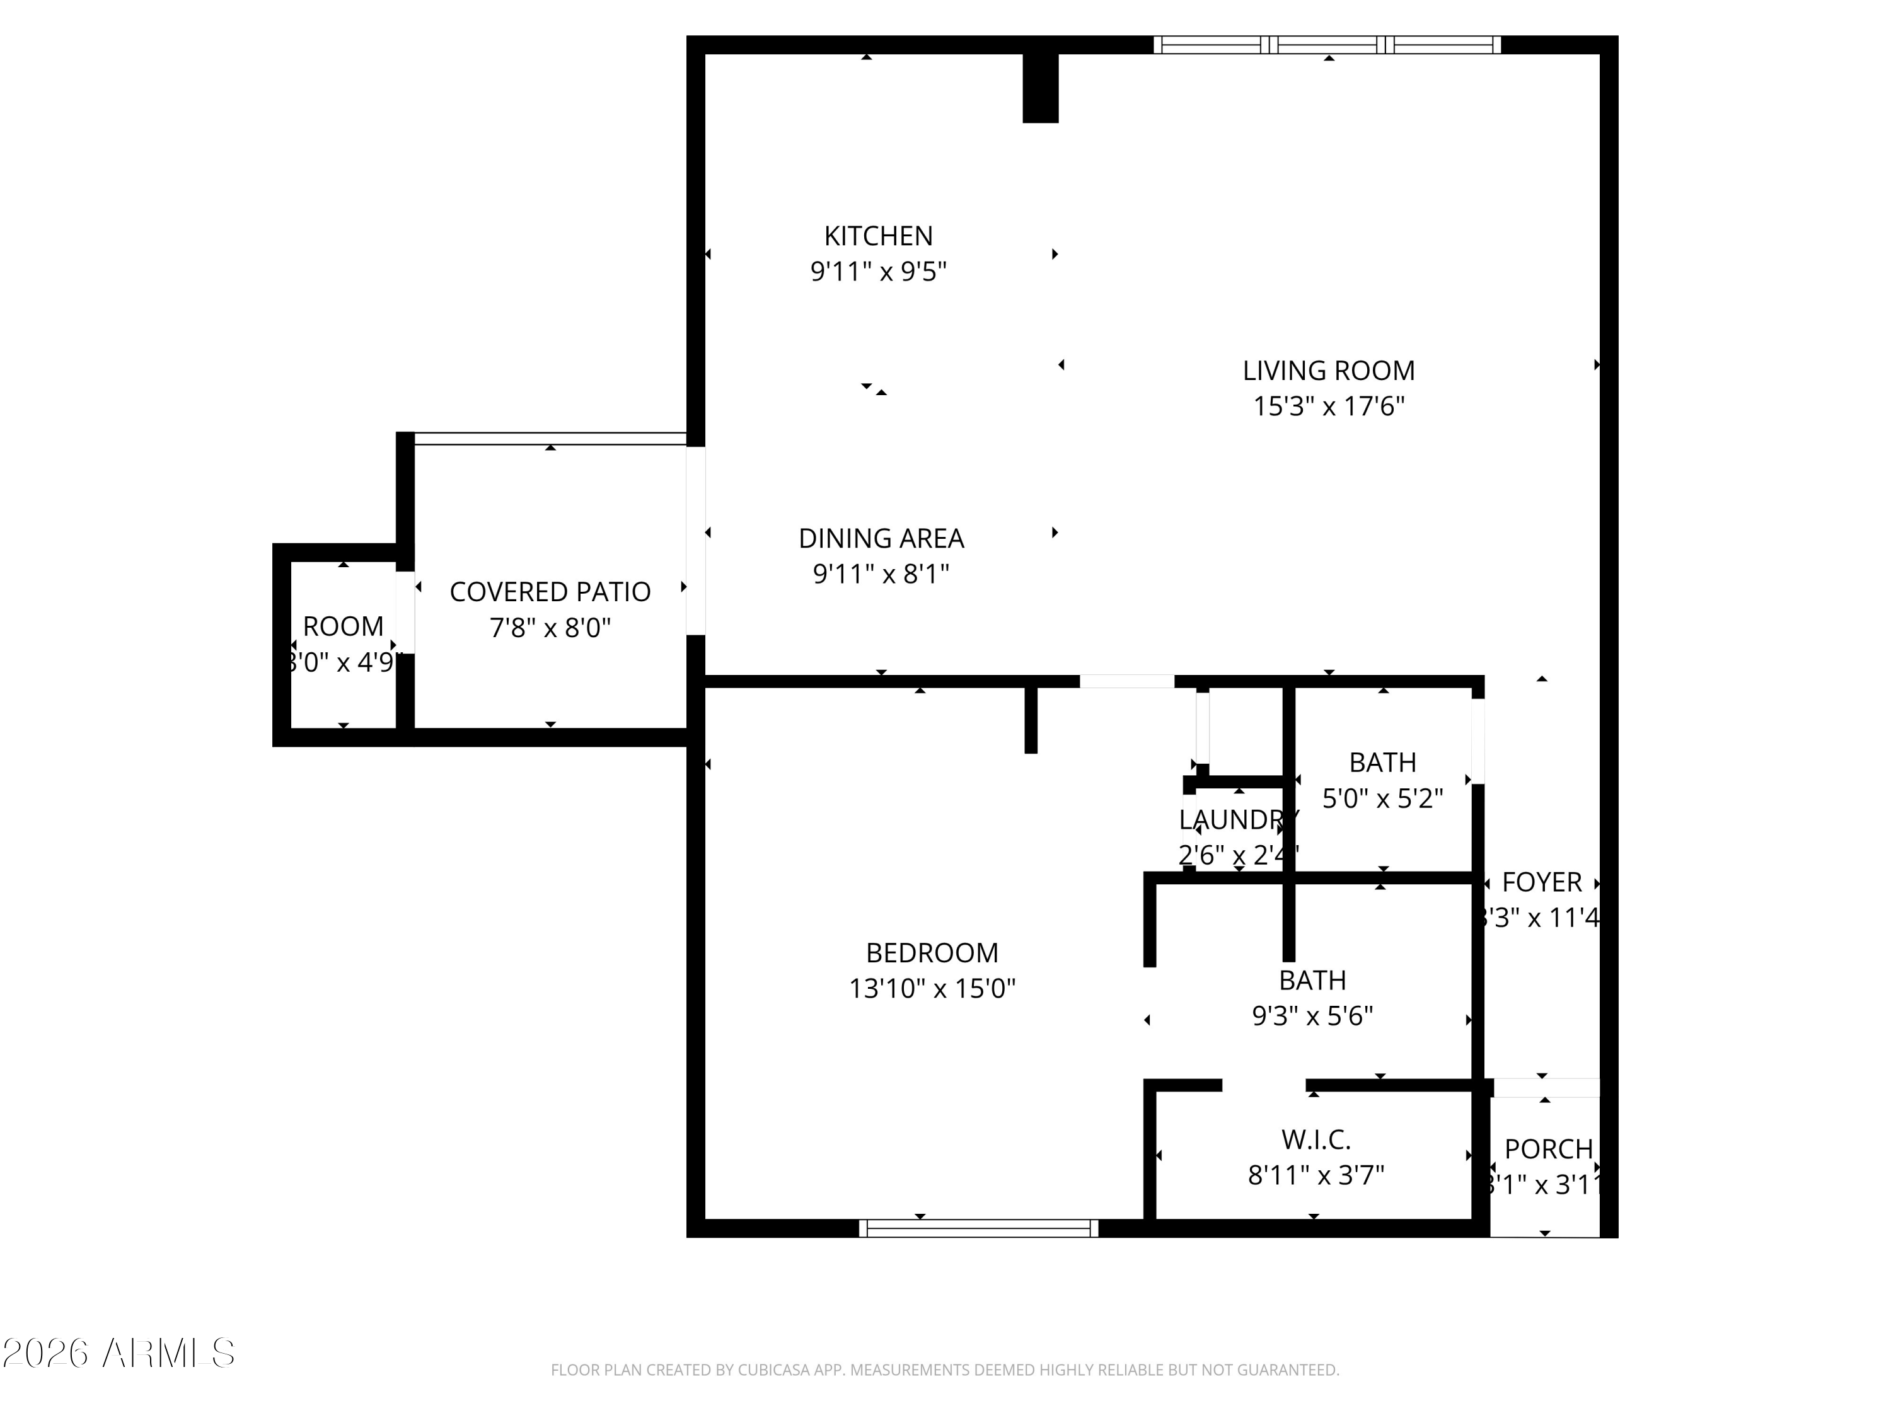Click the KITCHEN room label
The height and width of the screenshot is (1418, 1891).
[878, 236]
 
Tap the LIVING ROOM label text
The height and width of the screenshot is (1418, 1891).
[1329, 371]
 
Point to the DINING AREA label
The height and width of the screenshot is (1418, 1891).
[881, 538]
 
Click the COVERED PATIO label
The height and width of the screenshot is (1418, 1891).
[550, 592]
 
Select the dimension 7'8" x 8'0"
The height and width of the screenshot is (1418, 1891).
[550, 628]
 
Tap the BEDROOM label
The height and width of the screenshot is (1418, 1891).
[932, 952]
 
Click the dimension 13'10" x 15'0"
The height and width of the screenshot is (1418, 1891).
[932, 989]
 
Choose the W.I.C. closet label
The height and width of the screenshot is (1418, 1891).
[1316, 1139]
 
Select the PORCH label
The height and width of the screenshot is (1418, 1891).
[1548, 1149]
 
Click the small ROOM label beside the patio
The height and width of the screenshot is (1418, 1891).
[343, 626]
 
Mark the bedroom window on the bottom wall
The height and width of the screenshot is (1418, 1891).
[978, 1228]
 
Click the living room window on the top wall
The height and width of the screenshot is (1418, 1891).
[1327, 45]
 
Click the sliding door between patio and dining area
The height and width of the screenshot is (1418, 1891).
[696, 540]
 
